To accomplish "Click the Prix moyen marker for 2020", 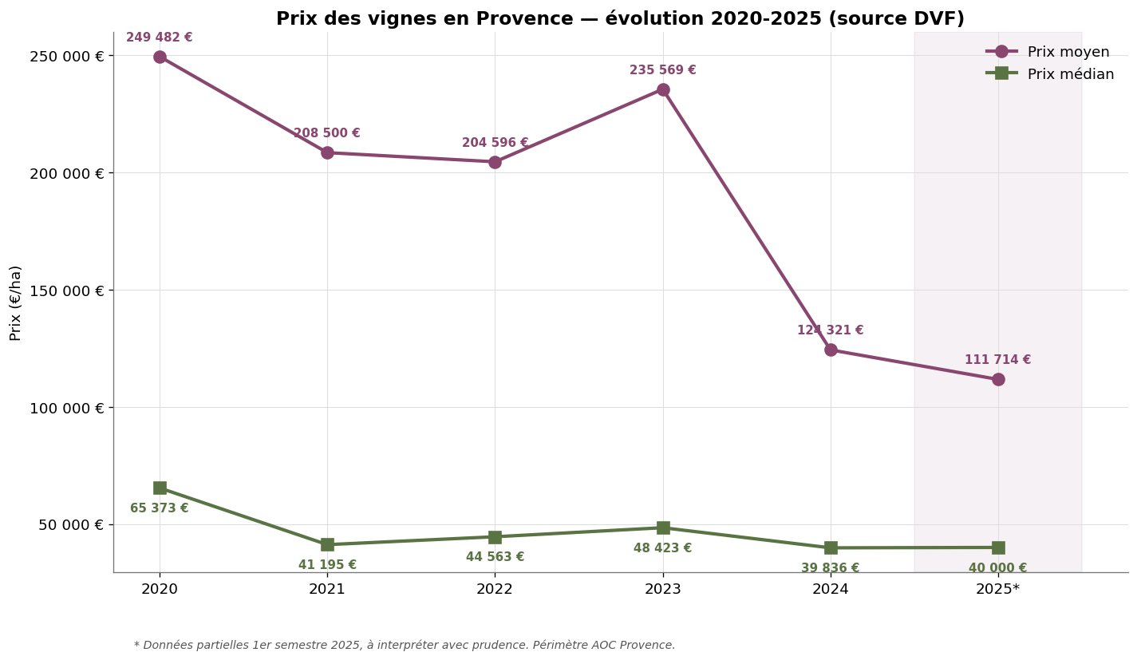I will pyautogui.click(x=160, y=57).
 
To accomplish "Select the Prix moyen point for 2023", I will pyautogui.click(x=663, y=89).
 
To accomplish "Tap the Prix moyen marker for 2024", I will pyautogui.click(x=831, y=350).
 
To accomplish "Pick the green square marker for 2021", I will pyautogui.click(x=327, y=544).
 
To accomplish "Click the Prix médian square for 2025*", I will pyautogui.click(x=998, y=547).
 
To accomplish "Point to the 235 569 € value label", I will pyautogui.click(x=662, y=70).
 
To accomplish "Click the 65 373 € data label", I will pyautogui.click(x=160, y=508).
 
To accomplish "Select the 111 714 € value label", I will pyautogui.click(x=997, y=360).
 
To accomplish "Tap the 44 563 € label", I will pyautogui.click(x=495, y=557).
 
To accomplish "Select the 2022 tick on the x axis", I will pyautogui.click(x=495, y=590).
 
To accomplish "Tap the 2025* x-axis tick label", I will pyautogui.click(x=998, y=590).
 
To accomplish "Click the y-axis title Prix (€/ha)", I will pyautogui.click(x=16, y=302).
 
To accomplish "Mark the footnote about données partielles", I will pyautogui.click(x=405, y=645).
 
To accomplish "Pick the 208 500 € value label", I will pyautogui.click(x=326, y=133).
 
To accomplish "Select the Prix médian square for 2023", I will pyautogui.click(x=663, y=528).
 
